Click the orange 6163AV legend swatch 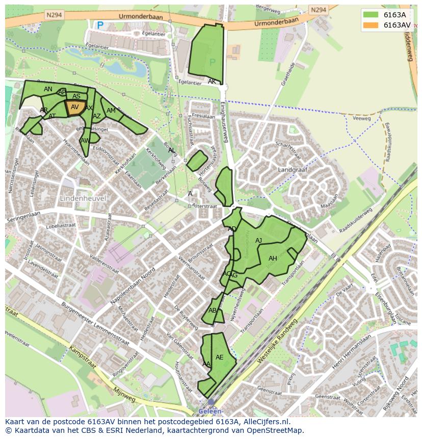point(371,25)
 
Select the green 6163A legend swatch point(371,15)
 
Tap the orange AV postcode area point(74,108)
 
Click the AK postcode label point(212,82)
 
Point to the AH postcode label point(273,259)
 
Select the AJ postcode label point(258,241)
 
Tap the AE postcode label point(219,357)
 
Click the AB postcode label point(213,311)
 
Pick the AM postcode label point(111,111)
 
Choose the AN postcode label point(48,89)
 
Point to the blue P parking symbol point(100,24)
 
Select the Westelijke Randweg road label point(277,342)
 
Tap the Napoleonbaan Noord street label point(134,287)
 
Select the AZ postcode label point(97,116)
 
